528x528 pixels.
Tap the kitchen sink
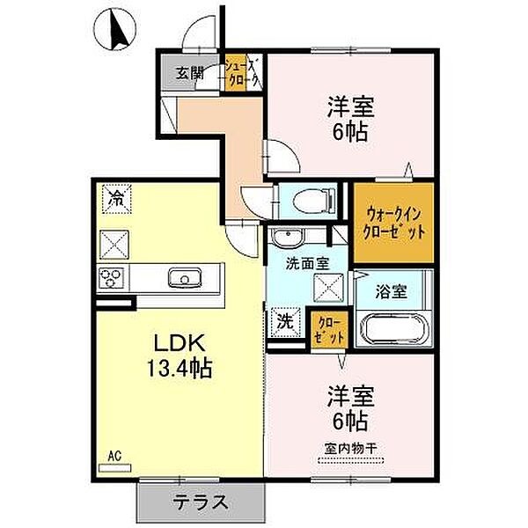click(186, 280)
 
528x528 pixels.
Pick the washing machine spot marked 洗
click(285, 321)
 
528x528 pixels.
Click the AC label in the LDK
click(114, 455)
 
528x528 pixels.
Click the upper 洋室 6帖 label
click(350, 120)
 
